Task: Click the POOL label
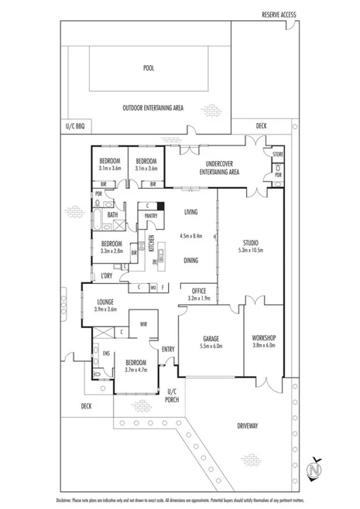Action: click(149, 68)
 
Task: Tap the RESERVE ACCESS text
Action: click(278, 15)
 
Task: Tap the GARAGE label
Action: click(211, 339)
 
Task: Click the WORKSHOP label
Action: click(264, 339)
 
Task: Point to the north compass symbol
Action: click(314, 470)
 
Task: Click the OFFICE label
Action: click(199, 290)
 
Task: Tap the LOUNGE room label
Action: click(106, 302)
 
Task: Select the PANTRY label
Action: click(151, 217)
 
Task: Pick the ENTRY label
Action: click(168, 349)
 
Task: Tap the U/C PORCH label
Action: click(173, 396)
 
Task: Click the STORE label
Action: click(277, 155)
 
